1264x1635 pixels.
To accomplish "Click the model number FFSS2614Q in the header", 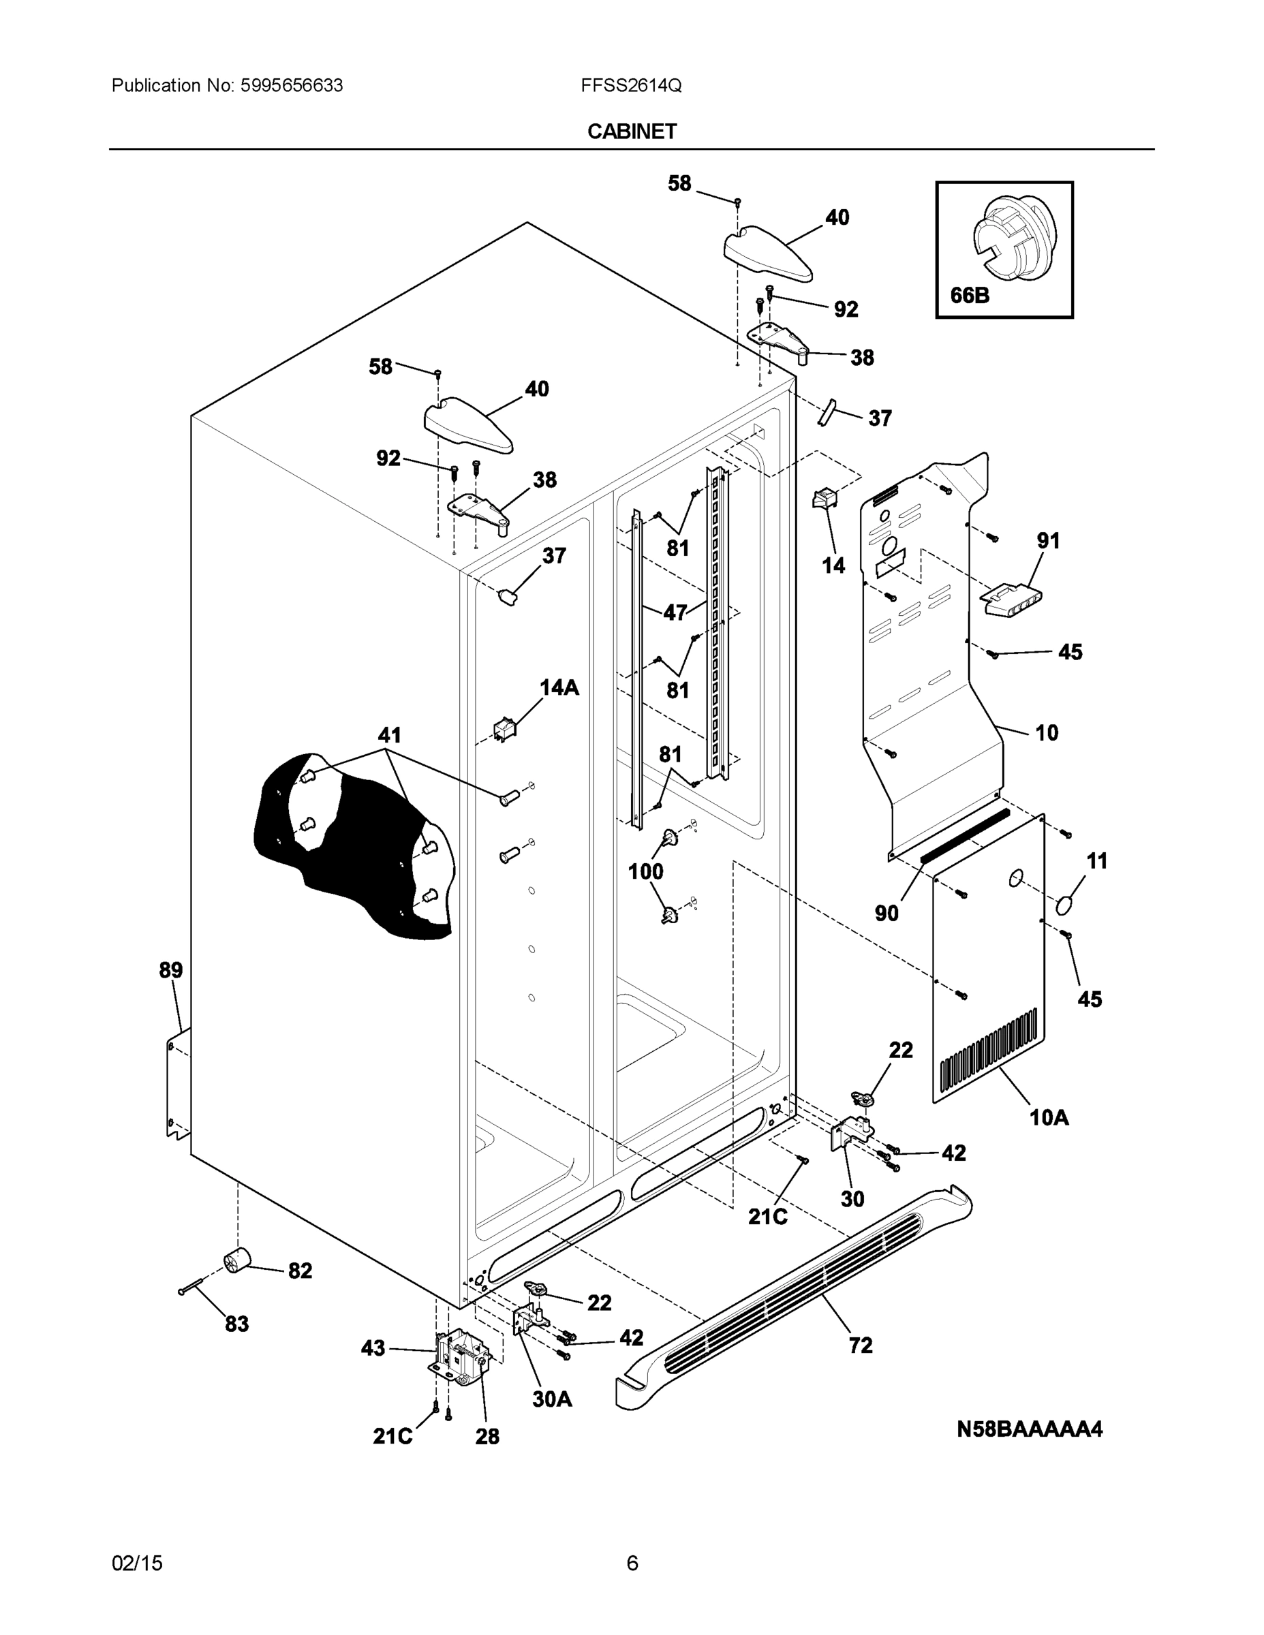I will [x=630, y=85].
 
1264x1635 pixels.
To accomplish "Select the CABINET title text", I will [x=631, y=131].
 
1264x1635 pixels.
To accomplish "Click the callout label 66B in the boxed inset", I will [x=969, y=295].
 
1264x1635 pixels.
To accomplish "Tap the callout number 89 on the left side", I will [x=171, y=970].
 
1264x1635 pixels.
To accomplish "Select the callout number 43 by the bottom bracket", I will [x=373, y=1348].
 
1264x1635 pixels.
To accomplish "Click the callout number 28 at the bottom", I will [x=487, y=1436].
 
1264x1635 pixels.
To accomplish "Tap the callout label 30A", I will [x=552, y=1399].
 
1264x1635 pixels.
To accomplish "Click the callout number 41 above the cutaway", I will [x=388, y=734].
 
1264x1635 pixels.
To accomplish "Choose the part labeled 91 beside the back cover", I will [x=1011, y=599].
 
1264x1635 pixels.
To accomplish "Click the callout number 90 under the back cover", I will [x=887, y=913].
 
